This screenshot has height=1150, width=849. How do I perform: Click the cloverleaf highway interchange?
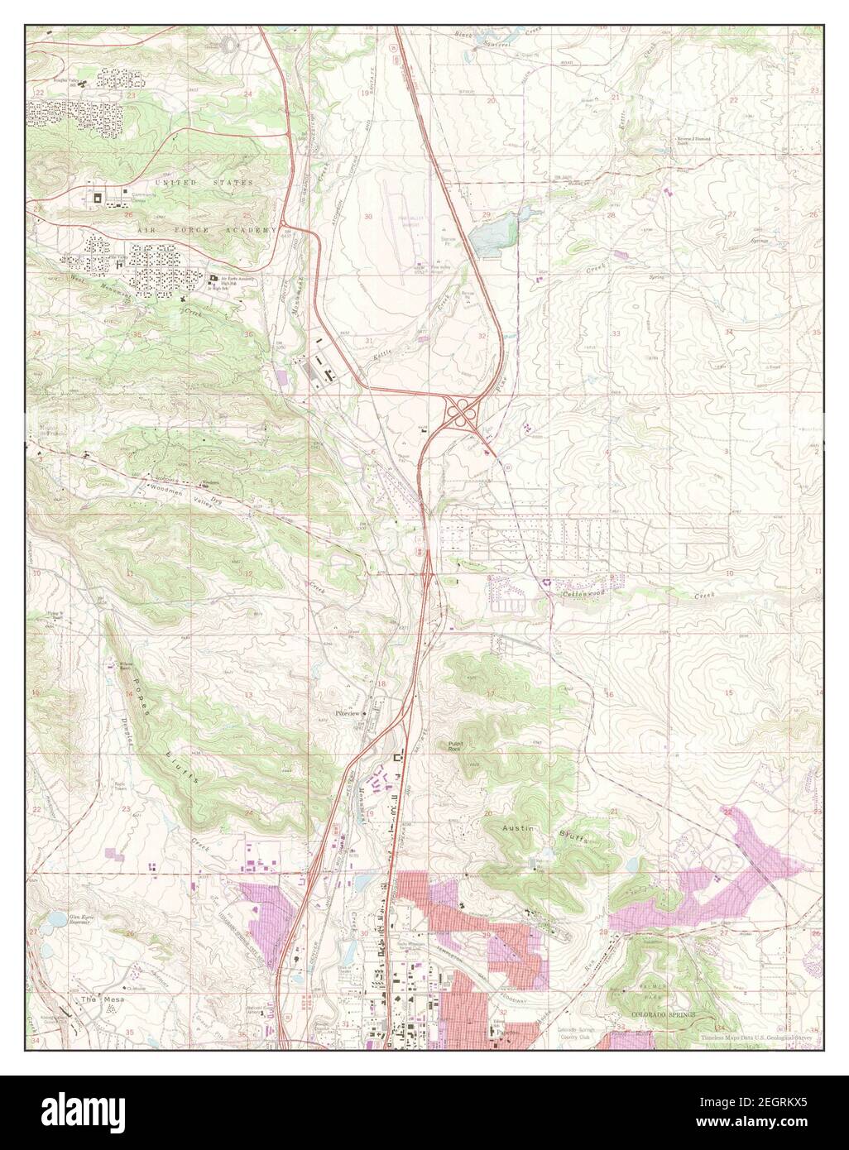461,411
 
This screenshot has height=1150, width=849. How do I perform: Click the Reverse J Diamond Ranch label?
693,140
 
